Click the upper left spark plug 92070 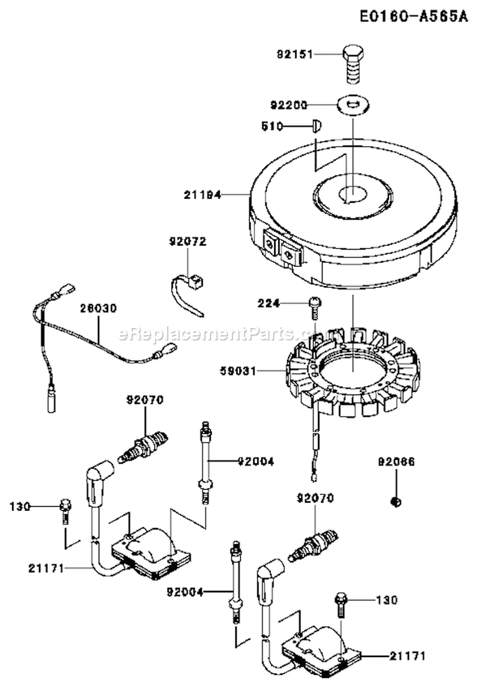[144, 440]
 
